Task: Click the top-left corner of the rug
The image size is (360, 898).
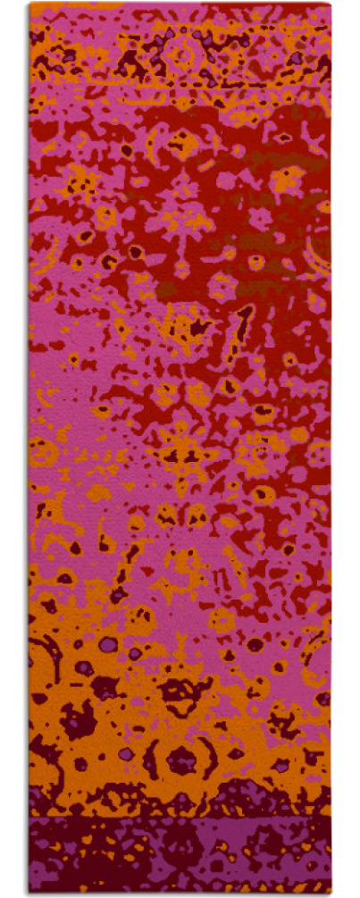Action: click(x=29, y=4)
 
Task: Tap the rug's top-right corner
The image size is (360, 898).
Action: click(x=331, y=4)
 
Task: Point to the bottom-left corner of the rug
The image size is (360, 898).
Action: click(x=29, y=892)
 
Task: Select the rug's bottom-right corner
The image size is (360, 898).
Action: click(x=331, y=892)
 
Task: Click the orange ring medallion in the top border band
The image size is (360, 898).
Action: click(x=182, y=55)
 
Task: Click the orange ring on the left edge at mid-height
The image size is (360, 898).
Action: click(x=41, y=451)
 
